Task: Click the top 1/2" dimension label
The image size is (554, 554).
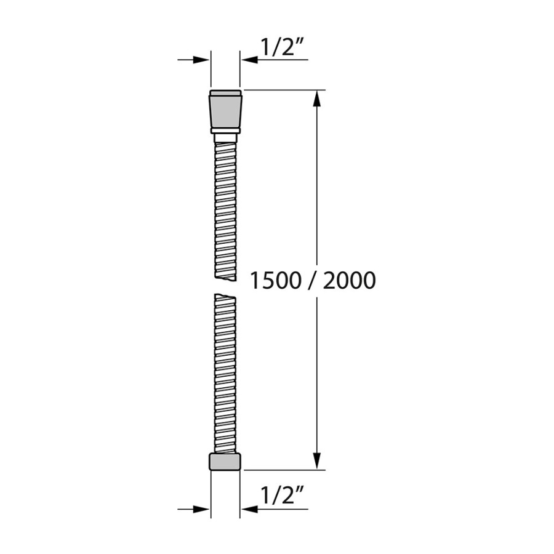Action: pyautogui.click(x=283, y=48)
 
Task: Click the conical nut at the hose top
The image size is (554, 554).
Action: pyautogui.click(x=225, y=110)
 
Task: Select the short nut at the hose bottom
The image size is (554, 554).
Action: pyautogui.click(x=225, y=462)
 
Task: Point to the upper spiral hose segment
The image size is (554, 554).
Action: pyautogui.click(x=225, y=206)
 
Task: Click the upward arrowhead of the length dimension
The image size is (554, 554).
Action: pyautogui.click(x=317, y=98)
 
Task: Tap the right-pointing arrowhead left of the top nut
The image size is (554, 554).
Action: pyautogui.click(x=201, y=60)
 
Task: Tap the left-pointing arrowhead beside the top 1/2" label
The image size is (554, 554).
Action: pyautogui.click(x=249, y=60)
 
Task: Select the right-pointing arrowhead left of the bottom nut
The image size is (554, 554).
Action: pyautogui.click(x=201, y=509)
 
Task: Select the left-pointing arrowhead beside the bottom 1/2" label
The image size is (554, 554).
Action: pyautogui.click(x=249, y=509)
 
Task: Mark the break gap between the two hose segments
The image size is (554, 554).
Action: pyautogui.click(x=225, y=286)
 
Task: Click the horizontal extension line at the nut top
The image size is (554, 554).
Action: pyautogui.click(x=283, y=90)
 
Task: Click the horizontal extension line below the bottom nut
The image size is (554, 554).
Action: pyautogui.click(x=283, y=470)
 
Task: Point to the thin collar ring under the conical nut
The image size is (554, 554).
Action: pyautogui.click(x=225, y=130)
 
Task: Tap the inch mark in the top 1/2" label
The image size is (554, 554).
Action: pyautogui.click(x=301, y=42)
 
